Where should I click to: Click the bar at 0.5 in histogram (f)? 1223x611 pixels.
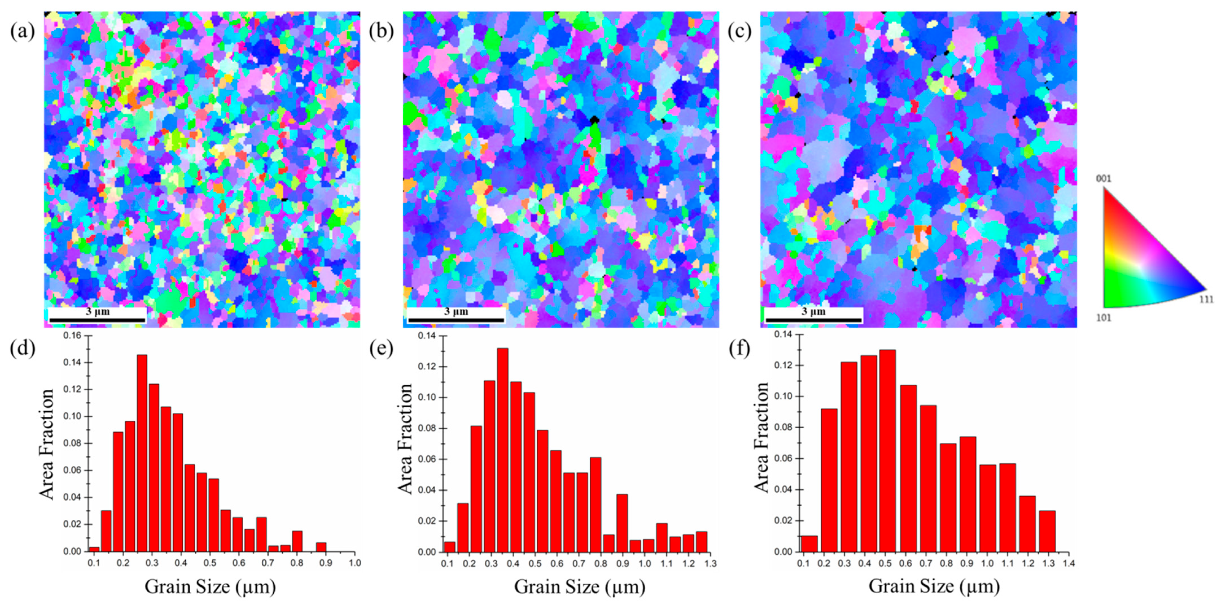[x=887, y=451]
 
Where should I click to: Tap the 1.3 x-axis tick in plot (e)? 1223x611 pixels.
[x=710, y=564]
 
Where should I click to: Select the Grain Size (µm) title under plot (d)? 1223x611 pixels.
[x=210, y=587]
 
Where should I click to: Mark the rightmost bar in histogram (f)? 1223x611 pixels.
[x=1047, y=531]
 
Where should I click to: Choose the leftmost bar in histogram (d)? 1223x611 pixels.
[x=94, y=549]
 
